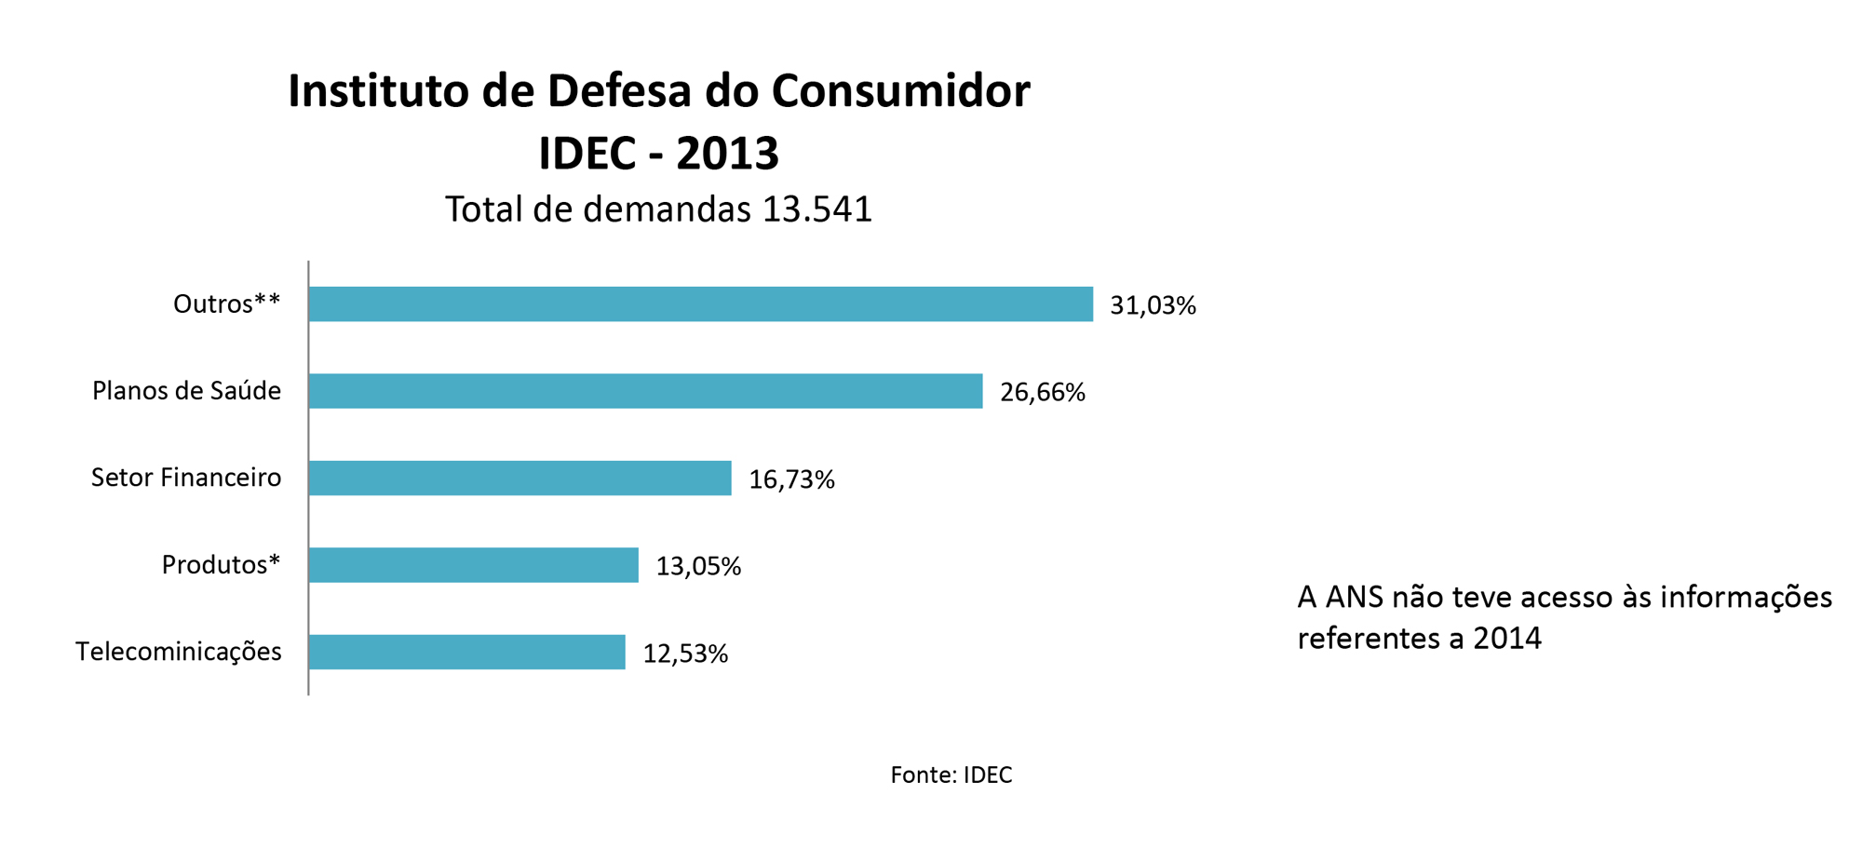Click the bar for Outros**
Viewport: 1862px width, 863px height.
pos(700,304)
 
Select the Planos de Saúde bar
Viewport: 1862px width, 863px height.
pos(645,391)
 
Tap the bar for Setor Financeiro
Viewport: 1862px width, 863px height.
pos(519,478)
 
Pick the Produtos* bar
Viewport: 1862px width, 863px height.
pos(473,565)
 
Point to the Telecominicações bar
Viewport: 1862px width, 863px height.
pos(466,652)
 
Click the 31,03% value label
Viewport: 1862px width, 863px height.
pos(1153,305)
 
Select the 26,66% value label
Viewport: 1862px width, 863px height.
pos(1042,392)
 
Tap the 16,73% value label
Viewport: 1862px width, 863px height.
pos(791,479)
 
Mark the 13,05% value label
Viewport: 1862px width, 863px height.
pos(698,566)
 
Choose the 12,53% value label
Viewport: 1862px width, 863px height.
pos(685,654)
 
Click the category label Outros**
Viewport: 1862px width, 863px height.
pos(226,303)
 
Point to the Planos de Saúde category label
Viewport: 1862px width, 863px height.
pos(186,390)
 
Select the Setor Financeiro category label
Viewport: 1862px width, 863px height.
pos(186,478)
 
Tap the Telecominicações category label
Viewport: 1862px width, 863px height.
pos(178,651)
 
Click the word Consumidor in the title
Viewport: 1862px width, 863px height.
pos(900,91)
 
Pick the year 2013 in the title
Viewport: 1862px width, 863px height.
pos(727,154)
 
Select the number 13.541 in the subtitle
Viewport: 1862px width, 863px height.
pos(816,209)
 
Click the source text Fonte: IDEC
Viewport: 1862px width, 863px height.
pos(951,775)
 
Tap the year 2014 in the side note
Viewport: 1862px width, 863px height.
pos(1507,639)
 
